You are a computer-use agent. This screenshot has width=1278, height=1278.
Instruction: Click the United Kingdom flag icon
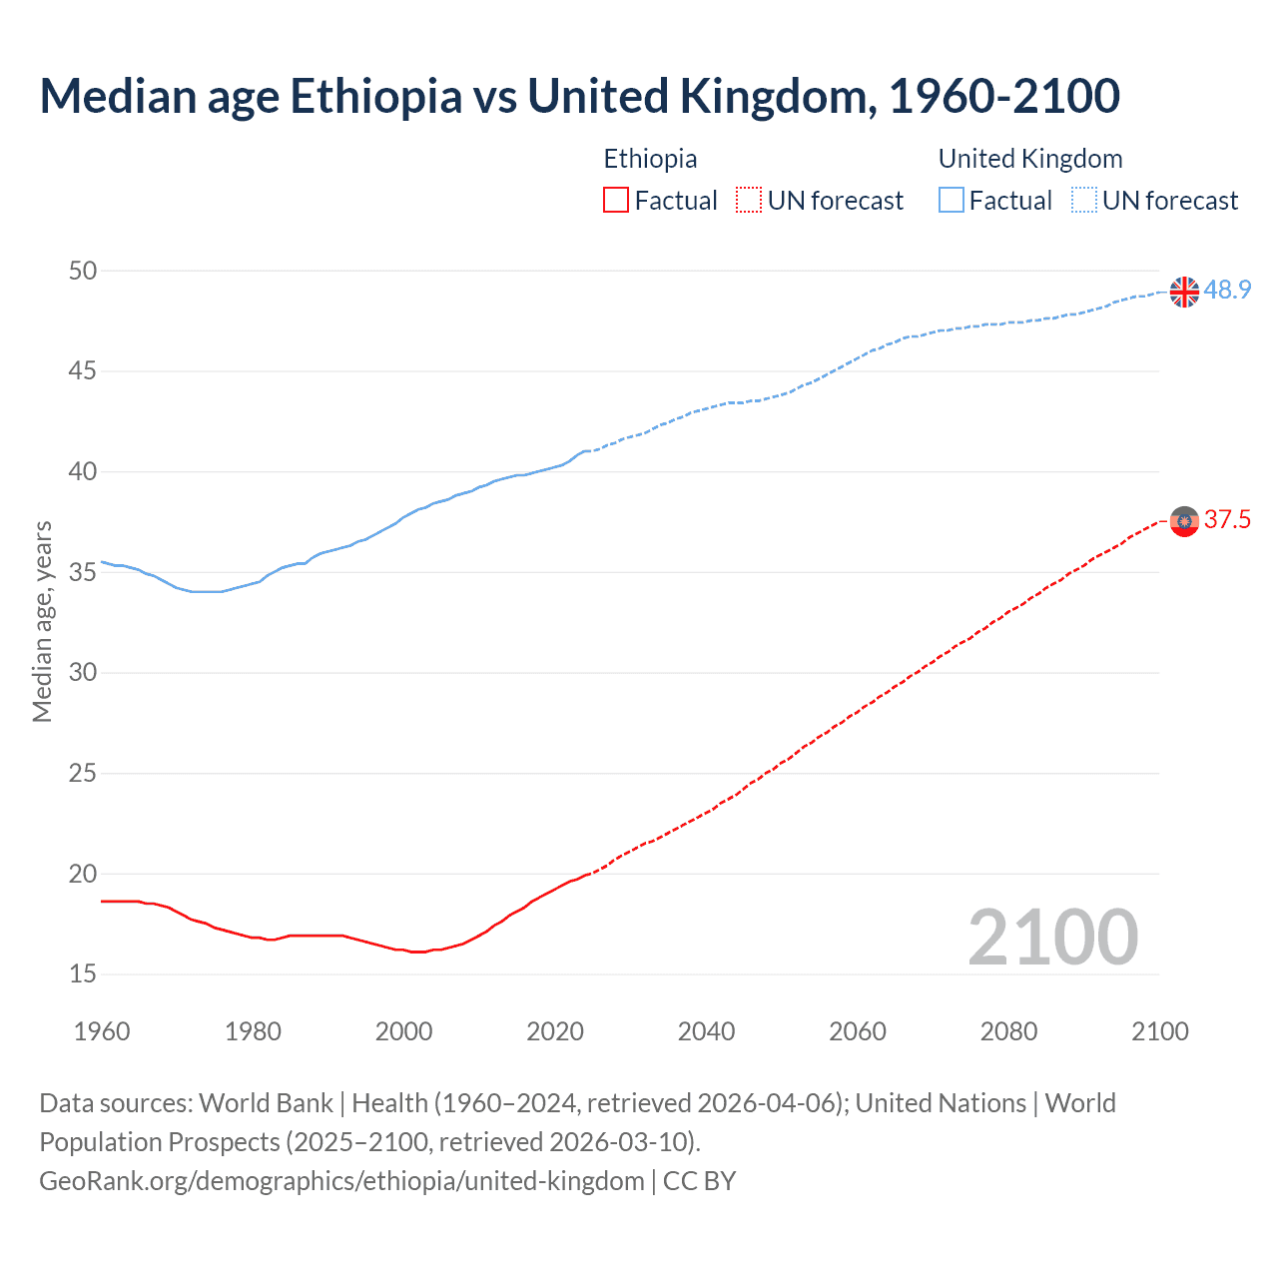pos(1184,292)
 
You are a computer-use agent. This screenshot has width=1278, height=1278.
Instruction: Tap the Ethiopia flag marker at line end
pos(1184,521)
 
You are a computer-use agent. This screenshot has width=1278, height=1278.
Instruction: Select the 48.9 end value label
pos(1227,290)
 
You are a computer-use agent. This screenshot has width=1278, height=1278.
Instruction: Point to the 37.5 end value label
pos(1227,519)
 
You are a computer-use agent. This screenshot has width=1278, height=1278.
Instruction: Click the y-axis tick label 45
pos(83,371)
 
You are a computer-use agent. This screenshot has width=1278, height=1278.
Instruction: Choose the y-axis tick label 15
pos(83,973)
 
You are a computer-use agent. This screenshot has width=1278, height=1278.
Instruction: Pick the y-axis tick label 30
pos(83,672)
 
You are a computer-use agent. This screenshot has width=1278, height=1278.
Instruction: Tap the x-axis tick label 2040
pos(706,1031)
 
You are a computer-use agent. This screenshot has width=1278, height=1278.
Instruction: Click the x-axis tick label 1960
pos(102,1031)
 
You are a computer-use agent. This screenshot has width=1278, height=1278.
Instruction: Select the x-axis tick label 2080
pos(1008,1031)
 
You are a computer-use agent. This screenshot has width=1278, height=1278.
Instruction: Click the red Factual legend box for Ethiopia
pos(616,201)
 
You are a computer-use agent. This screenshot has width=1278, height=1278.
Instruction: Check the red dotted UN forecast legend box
pos(749,201)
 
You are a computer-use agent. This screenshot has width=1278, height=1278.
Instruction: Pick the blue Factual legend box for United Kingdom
pos(952,201)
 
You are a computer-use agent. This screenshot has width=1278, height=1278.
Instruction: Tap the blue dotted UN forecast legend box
pos(1084,201)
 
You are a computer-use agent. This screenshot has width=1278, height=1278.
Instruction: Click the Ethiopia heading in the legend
pos(650,159)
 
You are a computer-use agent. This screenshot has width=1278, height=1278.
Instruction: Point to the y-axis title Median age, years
pos(42,621)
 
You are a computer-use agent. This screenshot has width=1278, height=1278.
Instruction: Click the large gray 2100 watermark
pos(1052,937)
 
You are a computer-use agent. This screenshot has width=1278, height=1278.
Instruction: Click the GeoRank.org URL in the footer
pos(341,1181)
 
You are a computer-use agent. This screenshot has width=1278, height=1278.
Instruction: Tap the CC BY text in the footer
pos(699,1181)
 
